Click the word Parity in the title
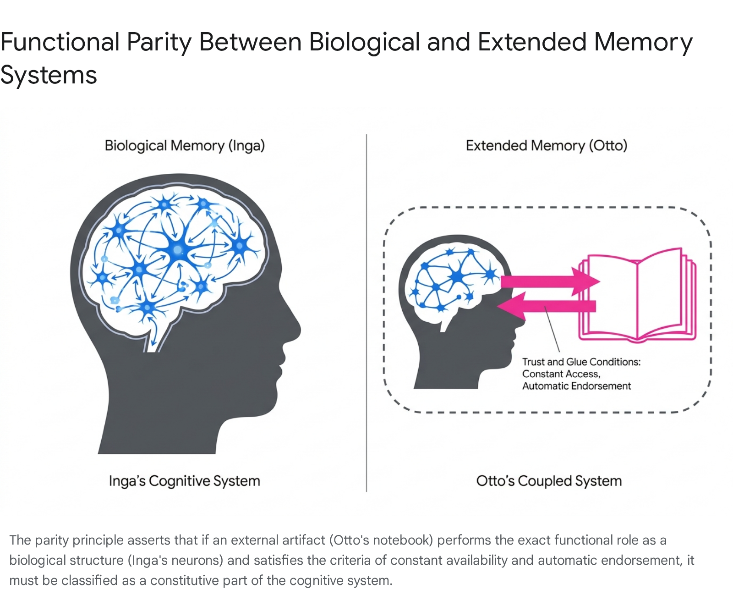[159, 43]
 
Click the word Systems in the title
[49, 75]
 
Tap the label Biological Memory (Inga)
[185, 146]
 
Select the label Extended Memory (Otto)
[547, 146]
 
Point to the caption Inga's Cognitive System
[185, 481]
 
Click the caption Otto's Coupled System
[549, 481]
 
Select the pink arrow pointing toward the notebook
[550, 281]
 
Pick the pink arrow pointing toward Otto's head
[547, 306]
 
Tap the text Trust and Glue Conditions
[581, 362]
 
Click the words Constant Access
[561, 374]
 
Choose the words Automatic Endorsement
[576, 386]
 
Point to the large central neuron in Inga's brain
[178, 249]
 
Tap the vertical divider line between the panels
[366, 313]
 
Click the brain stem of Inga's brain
[155, 336]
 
